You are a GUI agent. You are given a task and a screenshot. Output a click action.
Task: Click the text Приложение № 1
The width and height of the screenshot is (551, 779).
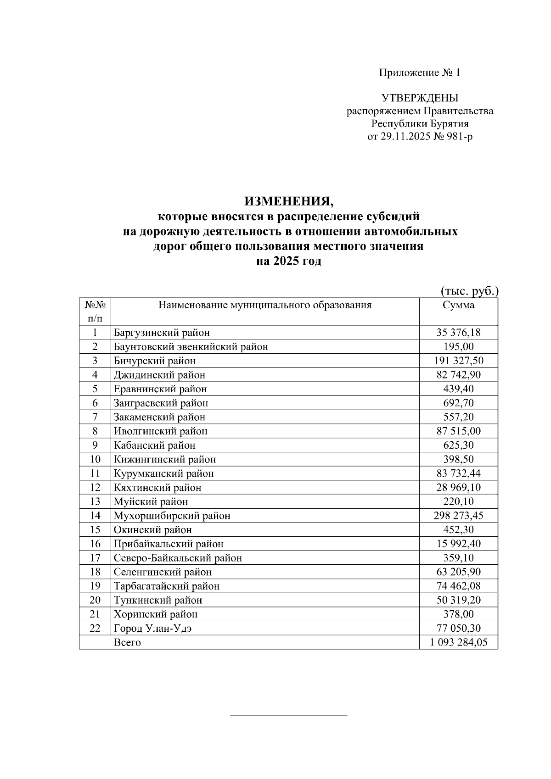tap(419, 72)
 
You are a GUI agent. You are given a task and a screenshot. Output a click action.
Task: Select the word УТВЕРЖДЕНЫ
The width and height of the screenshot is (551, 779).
tap(420, 98)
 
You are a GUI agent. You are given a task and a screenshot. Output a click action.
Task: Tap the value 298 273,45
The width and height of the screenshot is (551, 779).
tap(458, 516)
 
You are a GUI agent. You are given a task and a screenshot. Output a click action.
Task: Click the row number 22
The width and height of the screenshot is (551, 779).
tap(95, 629)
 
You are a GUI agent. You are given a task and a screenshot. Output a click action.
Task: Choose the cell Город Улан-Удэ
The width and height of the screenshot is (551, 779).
tap(153, 629)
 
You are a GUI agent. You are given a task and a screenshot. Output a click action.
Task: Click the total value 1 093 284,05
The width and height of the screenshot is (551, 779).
tap(458, 643)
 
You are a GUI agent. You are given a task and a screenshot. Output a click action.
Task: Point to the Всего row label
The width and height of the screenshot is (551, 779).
tap(127, 643)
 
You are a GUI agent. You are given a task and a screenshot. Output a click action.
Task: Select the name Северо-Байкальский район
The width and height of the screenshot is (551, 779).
tap(178, 558)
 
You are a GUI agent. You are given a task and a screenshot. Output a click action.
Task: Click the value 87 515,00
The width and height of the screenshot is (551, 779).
tap(458, 431)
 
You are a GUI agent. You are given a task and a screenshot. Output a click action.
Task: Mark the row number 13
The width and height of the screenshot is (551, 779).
tap(95, 502)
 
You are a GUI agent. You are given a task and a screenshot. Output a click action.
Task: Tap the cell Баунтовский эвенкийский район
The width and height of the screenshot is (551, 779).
tap(191, 347)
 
